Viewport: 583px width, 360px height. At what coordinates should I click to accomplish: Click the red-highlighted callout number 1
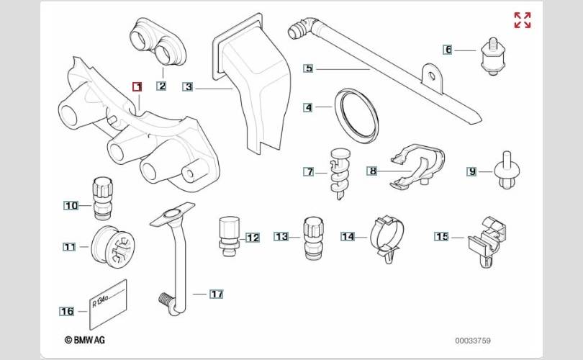tap(137, 86)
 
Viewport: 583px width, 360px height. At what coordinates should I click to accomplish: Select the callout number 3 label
tap(188, 87)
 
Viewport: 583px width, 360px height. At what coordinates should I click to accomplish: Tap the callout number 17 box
tap(217, 294)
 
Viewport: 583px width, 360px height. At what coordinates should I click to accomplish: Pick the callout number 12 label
tap(253, 238)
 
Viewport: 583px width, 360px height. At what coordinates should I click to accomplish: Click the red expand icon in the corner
tap(523, 20)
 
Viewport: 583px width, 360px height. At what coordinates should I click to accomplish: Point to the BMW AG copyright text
tap(85, 340)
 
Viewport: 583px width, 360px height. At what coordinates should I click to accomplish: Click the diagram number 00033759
tap(473, 341)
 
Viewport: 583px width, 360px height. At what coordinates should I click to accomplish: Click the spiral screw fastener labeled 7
tap(340, 174)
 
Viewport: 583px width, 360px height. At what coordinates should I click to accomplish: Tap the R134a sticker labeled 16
tap(108, 305)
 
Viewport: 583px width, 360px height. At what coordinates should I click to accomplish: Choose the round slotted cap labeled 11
tap(113, 246)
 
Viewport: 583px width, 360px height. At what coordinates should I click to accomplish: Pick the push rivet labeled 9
tap(507, 171)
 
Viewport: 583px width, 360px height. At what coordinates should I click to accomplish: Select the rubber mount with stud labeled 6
tap(492, 57)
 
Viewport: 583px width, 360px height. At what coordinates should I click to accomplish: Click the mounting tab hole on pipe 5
tap(432, 76)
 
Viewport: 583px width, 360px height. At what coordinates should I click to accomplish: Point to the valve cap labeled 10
tap(102, 198)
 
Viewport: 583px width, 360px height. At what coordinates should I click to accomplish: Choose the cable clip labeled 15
tap(487, 241)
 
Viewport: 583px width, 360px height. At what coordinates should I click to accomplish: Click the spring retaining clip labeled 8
tap(418, 165)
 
